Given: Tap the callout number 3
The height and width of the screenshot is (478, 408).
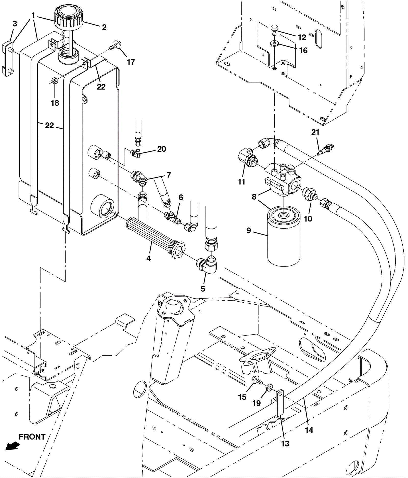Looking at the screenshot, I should [x=15, y=24].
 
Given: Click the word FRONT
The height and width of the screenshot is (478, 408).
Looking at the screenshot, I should [x=32, y=437].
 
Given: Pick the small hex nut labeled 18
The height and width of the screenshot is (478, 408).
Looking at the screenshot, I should [x=54, y=81].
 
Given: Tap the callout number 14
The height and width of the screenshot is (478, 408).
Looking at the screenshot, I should [x=309, y=430].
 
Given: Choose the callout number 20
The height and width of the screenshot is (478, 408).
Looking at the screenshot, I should [x=162, y=149].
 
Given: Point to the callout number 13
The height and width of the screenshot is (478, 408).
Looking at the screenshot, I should [x=285, y=444].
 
